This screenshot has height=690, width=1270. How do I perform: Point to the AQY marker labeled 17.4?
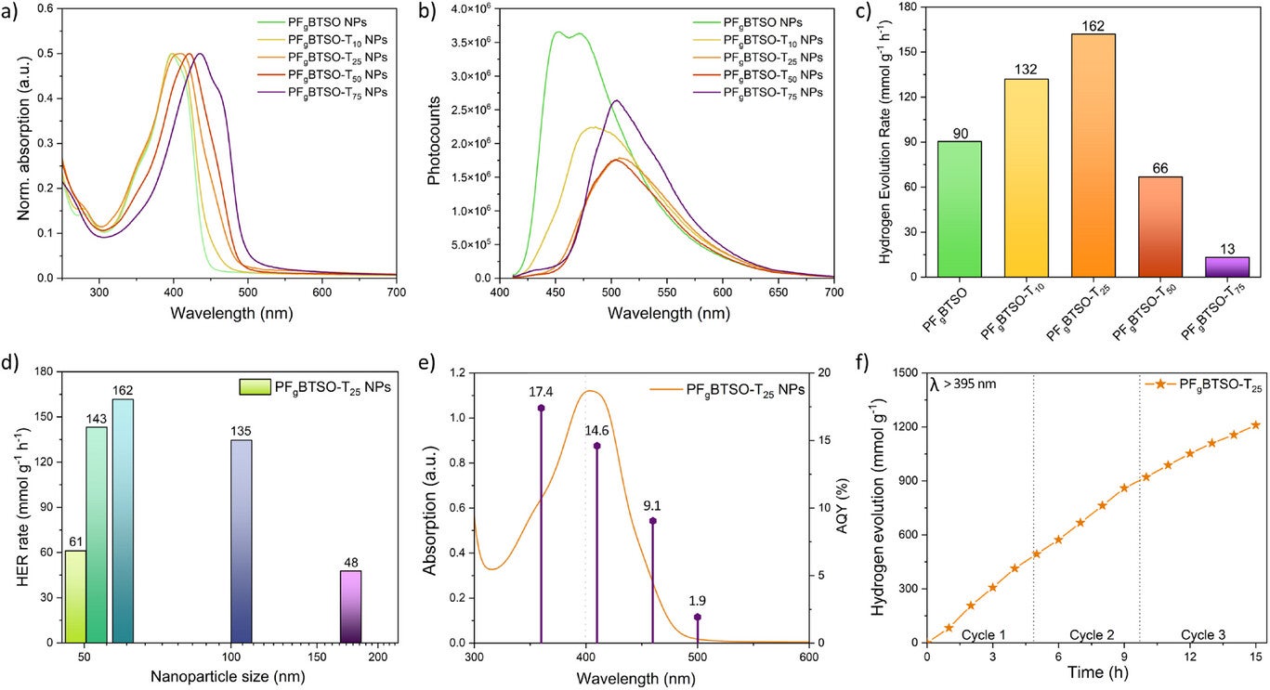point(541,408)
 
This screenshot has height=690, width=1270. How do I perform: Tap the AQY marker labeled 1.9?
point(698,617)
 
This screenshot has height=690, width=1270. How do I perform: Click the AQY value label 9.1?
point(653,508)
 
